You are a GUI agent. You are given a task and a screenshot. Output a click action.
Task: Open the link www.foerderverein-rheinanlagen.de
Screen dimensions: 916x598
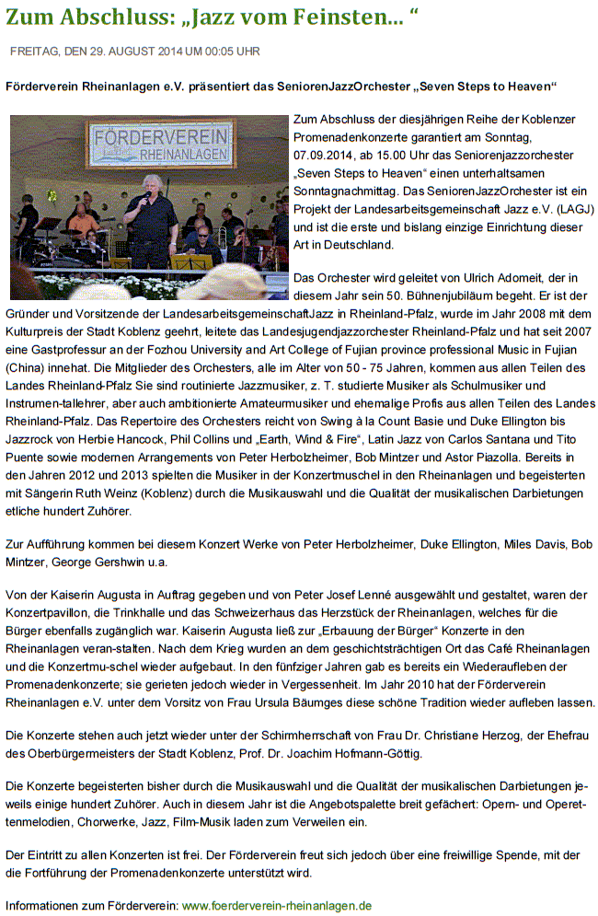click(277, 905)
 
